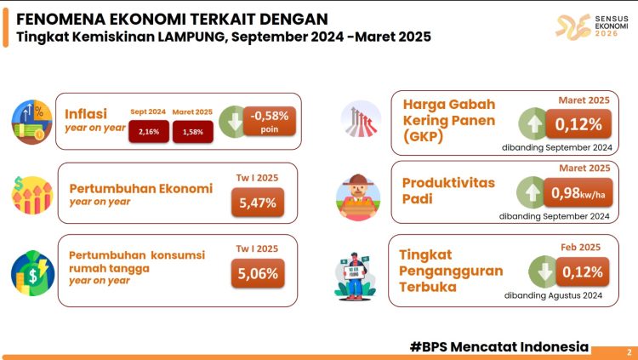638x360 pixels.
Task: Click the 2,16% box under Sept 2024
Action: (x=149, y=132)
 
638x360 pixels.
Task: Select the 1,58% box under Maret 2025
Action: (x=192, y=132)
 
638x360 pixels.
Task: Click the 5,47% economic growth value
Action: (x=253, y=203)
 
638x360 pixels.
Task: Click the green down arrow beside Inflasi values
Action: (x=231, y=121)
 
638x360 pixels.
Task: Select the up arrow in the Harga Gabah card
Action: (x=533, y=124)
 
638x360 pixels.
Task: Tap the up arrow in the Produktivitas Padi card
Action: (x=533, y=193)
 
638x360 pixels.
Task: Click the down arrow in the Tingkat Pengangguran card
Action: (x=542, y=272)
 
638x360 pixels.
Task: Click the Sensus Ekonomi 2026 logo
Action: (x=586, y=26)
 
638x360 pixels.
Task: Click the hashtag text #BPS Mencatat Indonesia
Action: (x=498, y=346)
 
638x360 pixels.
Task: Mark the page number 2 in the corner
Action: (x=629, y=351)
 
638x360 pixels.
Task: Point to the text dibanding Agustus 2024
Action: (x=552, y=295)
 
